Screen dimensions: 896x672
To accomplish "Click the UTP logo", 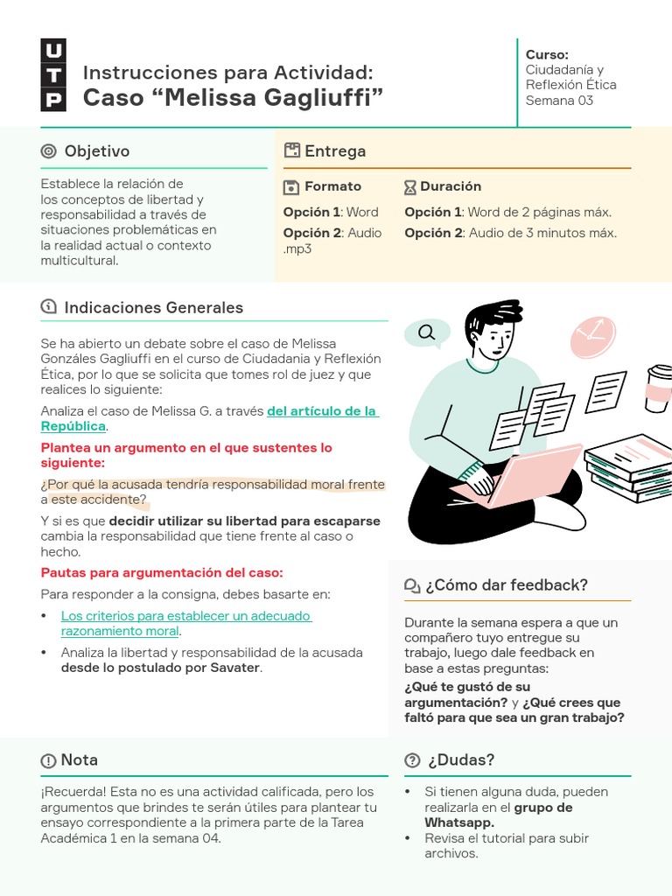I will click(x=52, y=75).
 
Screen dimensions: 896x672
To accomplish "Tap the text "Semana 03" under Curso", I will click(x=559, y=101).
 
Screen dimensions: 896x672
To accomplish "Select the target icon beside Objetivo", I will click(x=49, y=151).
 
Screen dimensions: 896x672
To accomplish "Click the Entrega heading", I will click(x=334, y=151).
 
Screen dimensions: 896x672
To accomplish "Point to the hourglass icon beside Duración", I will click(x=410, y=187).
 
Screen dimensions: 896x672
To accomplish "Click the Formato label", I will click(x=332, y=186).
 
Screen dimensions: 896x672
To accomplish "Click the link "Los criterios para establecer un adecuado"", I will click(x=186, y=616).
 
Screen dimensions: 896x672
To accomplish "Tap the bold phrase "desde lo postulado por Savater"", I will click(x=161, y=668).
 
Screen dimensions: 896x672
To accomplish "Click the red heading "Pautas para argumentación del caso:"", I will click(x=162, y=572).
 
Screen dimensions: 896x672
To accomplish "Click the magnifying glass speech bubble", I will click(x=427, y=332).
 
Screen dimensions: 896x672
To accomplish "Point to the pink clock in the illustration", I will click(x=592, y=338).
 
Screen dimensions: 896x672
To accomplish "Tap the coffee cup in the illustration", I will click(x=658, y=388).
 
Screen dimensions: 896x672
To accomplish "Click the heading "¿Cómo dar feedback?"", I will click(x=506, y=585).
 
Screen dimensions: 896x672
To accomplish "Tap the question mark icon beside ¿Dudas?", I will click(x=412, y=760).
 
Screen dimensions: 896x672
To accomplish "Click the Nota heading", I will click(x=79, y=760).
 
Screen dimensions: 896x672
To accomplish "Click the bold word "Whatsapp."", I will click(x=459, y=822).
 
